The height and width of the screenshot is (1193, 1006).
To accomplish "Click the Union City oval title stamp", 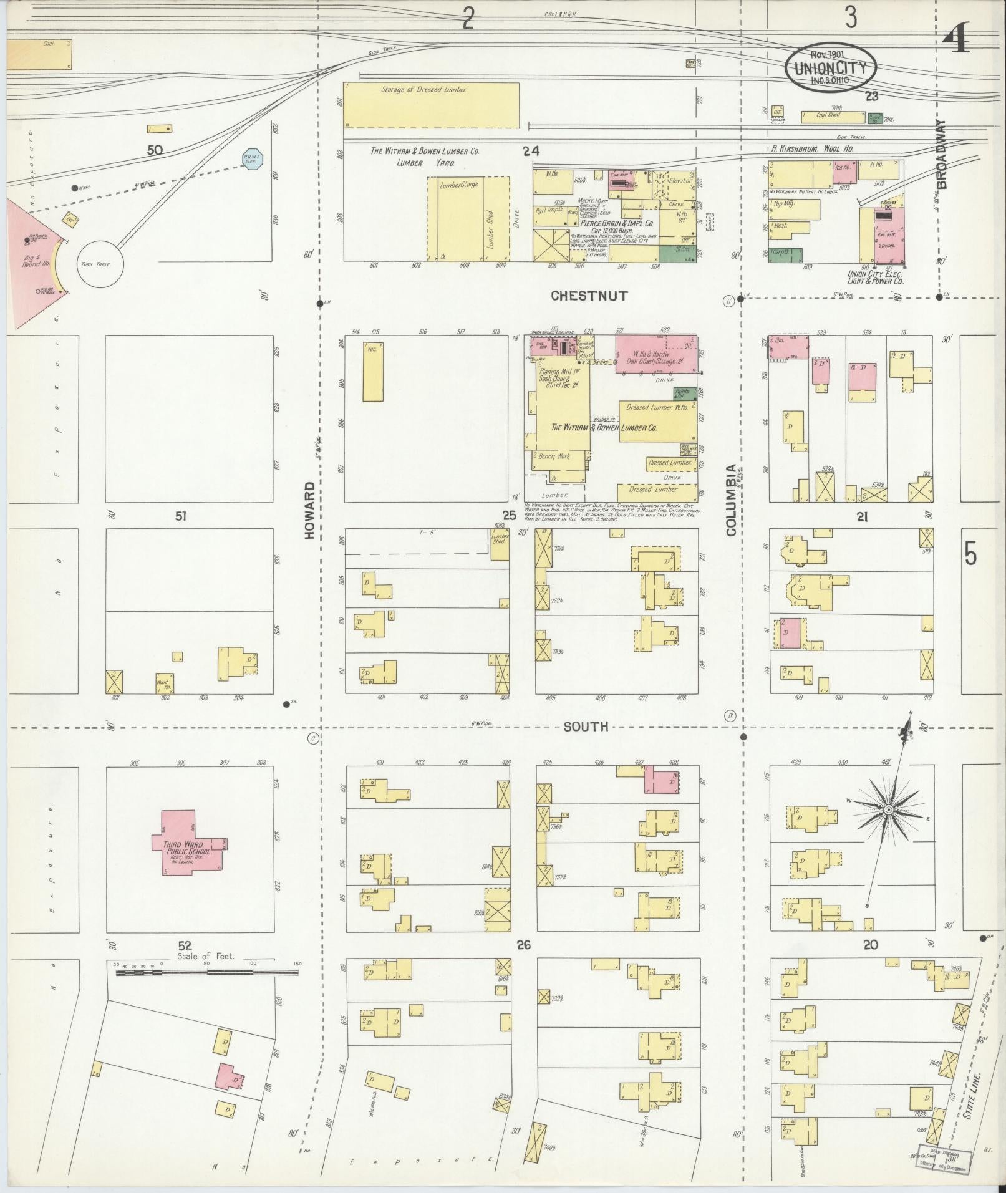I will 830,67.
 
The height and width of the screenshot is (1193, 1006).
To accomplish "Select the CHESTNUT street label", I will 589,296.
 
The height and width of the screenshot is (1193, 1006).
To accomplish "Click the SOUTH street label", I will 586,727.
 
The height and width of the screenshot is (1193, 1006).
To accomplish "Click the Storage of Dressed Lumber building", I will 432,106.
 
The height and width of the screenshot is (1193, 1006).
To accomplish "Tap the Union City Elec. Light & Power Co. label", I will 875,278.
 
